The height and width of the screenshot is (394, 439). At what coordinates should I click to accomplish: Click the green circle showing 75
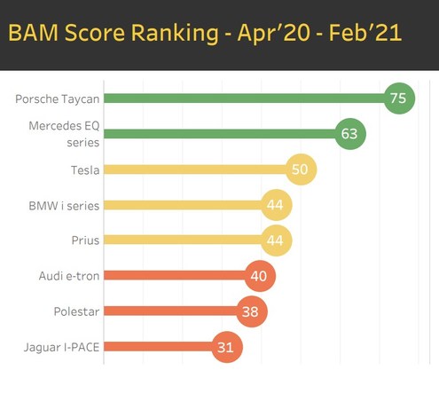click(x=399, y=98)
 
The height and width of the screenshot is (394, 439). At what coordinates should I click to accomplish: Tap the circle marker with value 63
click(x=350, y=134)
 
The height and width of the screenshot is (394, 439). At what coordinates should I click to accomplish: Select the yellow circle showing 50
click(x=301, y=169)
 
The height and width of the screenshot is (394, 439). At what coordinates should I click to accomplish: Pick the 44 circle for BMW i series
click(x=277, y=205)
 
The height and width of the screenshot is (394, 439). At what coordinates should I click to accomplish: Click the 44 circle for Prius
click(x=277, y=240)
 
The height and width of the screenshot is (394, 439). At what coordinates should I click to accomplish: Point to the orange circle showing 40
click(x=260, y=276)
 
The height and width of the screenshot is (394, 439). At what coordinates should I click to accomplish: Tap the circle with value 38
click(x=252, y=311)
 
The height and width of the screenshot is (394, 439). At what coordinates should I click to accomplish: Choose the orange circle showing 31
click(x=227, y=347)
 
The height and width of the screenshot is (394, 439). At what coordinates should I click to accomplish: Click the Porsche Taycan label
click(x=58, y=99)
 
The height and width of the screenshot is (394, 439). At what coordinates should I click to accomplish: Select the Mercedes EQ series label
click(x=64, y=134)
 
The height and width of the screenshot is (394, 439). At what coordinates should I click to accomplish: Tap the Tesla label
click(x=85, y=170)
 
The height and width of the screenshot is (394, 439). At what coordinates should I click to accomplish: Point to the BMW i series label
click(x=64, y=206)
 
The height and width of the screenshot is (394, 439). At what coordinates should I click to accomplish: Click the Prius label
click(x=85, y=240)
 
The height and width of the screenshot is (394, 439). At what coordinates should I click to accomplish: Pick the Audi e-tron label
click(x=69, y=276)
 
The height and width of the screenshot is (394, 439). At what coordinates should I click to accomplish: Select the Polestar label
click(x=76, y=311)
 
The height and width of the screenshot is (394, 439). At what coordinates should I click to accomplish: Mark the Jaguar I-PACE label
click(x=61, y=348)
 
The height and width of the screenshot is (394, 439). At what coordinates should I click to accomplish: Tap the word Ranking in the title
click(x=175, y=34)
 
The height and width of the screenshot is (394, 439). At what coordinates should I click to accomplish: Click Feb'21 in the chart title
click(x=365, y=33)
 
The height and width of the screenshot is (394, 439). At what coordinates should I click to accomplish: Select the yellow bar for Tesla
click(x=195, y=169)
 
